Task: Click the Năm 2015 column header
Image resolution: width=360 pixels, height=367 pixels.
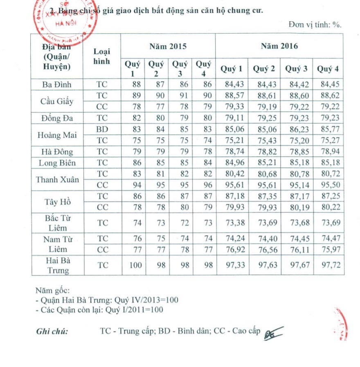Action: coord(168,46)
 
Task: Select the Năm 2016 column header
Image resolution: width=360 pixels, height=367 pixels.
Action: coord(279,46)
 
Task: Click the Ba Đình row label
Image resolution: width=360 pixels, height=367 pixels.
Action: coord(57,85)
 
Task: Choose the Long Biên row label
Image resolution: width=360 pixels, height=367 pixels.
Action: coord(57,163)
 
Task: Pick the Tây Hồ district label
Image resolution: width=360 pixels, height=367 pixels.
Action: coord(57,202)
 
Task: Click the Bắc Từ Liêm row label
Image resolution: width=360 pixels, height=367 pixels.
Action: coord(57,223)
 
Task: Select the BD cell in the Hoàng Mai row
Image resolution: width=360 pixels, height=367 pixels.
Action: coord(102,129)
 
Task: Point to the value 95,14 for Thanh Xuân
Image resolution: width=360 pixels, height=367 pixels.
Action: coord(297,185)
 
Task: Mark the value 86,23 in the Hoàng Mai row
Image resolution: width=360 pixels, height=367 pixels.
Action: coord(297,130)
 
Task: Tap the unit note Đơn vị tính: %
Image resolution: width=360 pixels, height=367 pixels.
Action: coord(315,25)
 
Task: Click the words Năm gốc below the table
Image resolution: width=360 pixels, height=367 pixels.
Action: coord(52,291)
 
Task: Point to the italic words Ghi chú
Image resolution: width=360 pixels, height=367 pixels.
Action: coord(52,331)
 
